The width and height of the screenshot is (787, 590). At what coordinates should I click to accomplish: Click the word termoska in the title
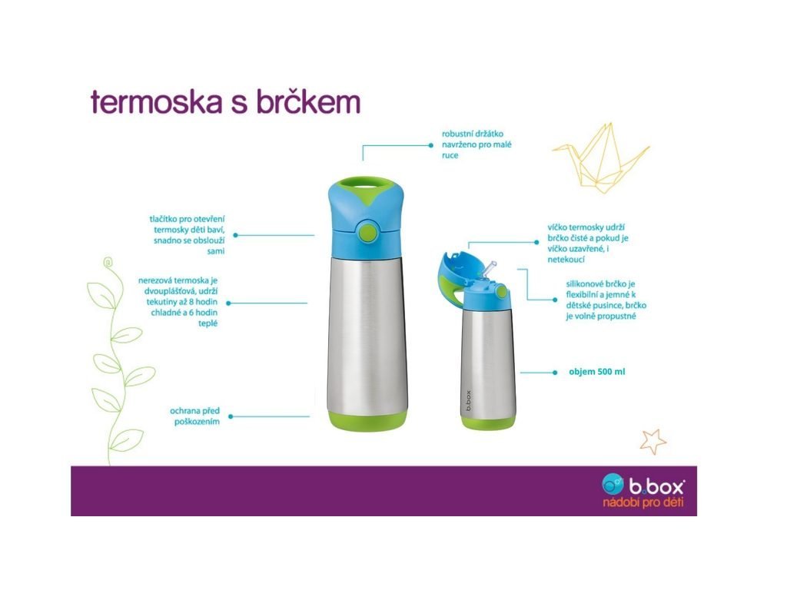[x=157, y=101]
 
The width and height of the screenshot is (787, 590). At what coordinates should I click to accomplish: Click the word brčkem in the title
[x=308, y=101]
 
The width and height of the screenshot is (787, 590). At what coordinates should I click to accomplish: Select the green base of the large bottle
[x=368, y=420]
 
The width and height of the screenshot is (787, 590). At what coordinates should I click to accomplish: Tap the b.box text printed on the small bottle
[x=468, y=400]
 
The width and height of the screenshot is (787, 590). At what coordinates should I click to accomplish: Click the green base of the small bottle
[x=488, y=423]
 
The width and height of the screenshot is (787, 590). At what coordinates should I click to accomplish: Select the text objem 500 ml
[x=596, y=372]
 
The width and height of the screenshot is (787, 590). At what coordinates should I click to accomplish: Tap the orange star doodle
[x=653, y=441]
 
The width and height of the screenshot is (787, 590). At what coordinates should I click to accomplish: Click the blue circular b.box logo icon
[x=613, y=484]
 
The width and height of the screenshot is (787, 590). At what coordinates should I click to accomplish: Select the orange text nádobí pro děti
[x=643, y=502]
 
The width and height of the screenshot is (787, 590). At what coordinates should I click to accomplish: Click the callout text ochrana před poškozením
[x=194, y=416]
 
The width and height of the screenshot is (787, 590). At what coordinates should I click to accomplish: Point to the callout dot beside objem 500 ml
[x=555, y=373]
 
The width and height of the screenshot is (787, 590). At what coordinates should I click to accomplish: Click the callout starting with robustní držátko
[x=477, y=144]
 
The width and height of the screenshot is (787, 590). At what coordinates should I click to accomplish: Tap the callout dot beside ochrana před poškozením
[x=231, y=416]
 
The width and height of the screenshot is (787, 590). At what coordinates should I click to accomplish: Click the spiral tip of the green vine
[x=108, y=262]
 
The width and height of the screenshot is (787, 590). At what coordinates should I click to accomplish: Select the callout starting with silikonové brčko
[x=606, y=300]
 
